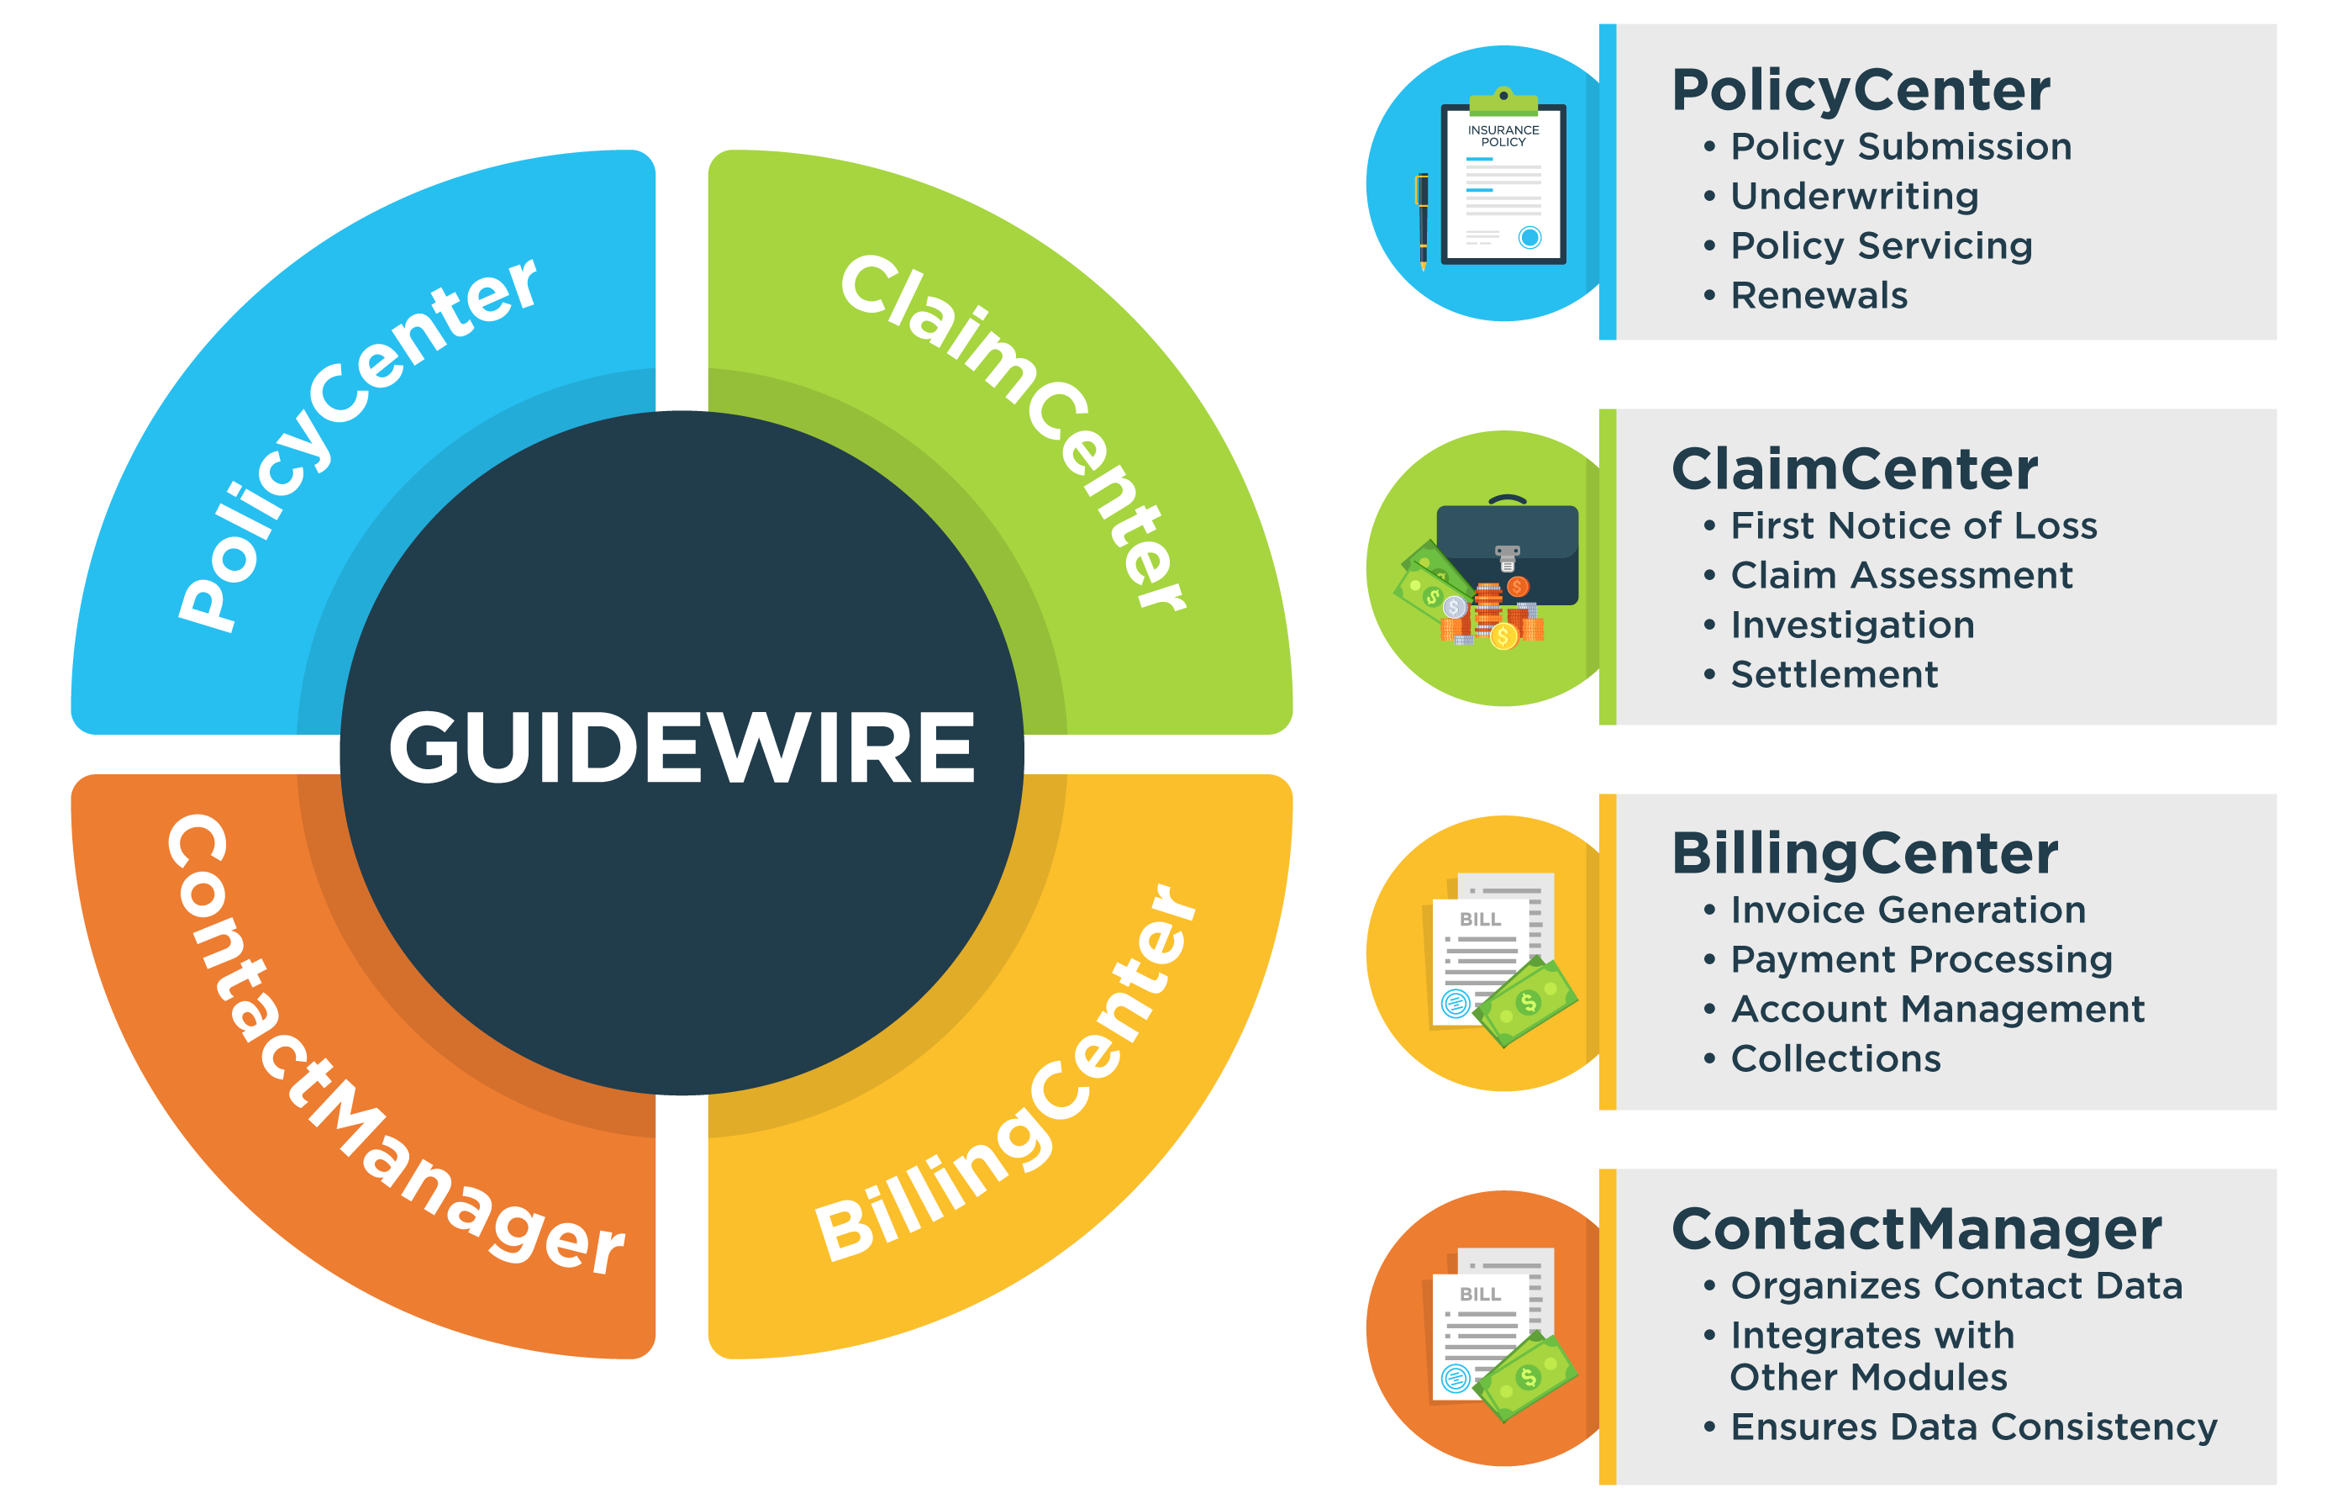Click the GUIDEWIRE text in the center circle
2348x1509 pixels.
coord(682,749)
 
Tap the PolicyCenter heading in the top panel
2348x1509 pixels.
coord(1861,90)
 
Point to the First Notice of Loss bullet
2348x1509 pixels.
coord(1913,526)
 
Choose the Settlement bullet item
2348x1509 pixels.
coord(1834,674)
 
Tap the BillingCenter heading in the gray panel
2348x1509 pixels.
coord(1864,853)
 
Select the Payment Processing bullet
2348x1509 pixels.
coord(1921,959)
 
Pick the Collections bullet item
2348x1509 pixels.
coord(1835,1058)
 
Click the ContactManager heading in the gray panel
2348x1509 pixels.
coord(1916,1229)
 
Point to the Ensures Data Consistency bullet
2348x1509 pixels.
coord(1973,1427)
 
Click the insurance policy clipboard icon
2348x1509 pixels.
coord(1503,182)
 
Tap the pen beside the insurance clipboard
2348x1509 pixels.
coord(1422,220)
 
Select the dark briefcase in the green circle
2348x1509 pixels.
coord(1508,551)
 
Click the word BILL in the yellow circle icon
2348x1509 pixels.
coord(1479,919)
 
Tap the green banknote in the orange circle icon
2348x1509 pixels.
coord(1525,1375)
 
